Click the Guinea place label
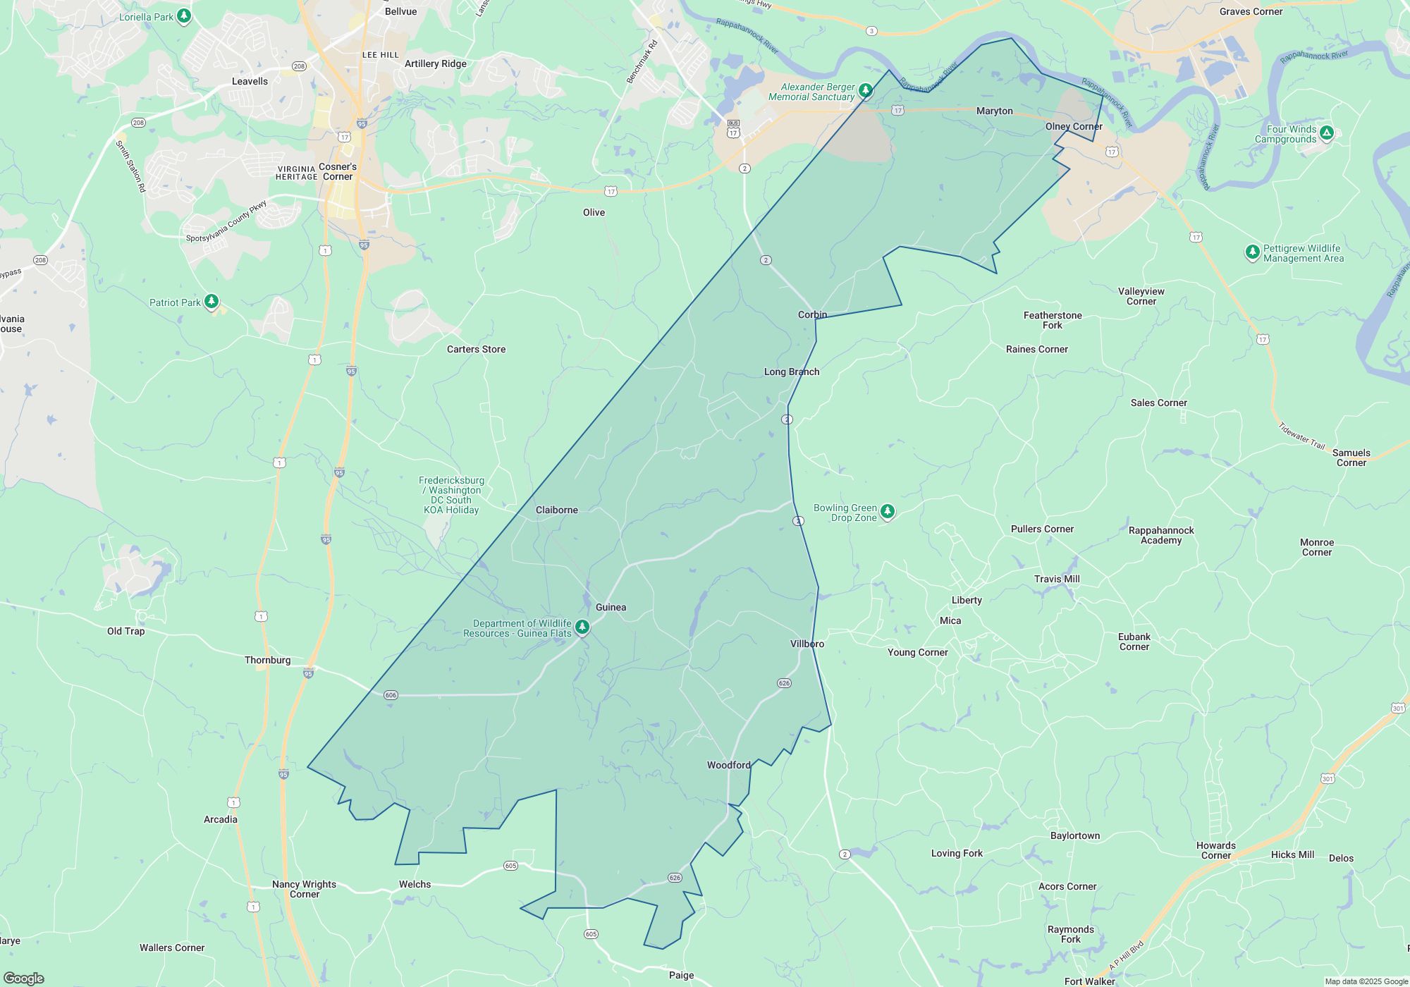pos(611,607)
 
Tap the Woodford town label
pos(728,765)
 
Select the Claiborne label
pos(556,510)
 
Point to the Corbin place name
pos(812,314)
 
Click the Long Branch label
pos(792,372)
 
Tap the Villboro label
pos(807,644)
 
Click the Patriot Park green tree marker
pos(211,302)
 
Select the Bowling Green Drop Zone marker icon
pos(888,511)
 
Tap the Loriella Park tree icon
pos(184,16)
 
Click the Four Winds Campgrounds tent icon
pos(1326,133)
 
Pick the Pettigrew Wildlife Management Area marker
pos(1252,252)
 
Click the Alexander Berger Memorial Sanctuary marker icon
pos(866,90)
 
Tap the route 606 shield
pos(391,695)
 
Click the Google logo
pos(24,978)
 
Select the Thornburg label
pos(267,660)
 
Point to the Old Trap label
pos(125,631)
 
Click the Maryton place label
pos(994,111)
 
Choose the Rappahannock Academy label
pos(1161,535)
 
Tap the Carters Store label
pos(476,349)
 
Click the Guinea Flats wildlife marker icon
pos(582,626)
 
